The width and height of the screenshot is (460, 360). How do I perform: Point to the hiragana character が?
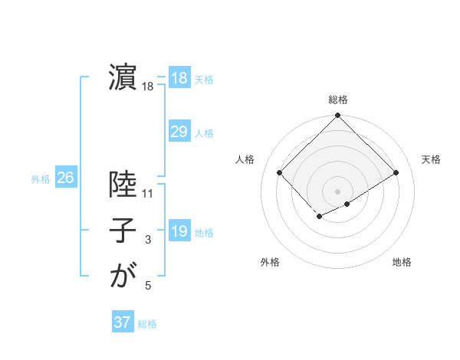(123, 276)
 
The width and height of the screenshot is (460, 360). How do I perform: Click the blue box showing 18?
(179, 78)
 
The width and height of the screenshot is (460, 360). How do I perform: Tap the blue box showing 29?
(179, 132)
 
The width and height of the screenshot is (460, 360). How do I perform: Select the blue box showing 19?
(179, 231)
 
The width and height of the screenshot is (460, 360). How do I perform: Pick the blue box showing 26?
(65, 178)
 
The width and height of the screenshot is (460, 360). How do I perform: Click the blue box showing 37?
(123, 322)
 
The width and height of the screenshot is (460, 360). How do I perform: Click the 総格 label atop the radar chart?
(338, 100)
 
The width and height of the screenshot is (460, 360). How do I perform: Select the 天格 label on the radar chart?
(432, 159)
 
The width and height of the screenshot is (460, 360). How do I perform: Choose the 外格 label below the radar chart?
(270, 262)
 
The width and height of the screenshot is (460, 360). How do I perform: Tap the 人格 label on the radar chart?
(245, 159)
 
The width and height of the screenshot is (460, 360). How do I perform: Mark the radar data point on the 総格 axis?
(337, 116)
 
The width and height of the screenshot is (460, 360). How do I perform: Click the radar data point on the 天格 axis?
(396, 172)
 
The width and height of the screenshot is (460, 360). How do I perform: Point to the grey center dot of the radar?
(337, 191)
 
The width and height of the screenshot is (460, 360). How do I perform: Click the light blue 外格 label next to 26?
(41, 179)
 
